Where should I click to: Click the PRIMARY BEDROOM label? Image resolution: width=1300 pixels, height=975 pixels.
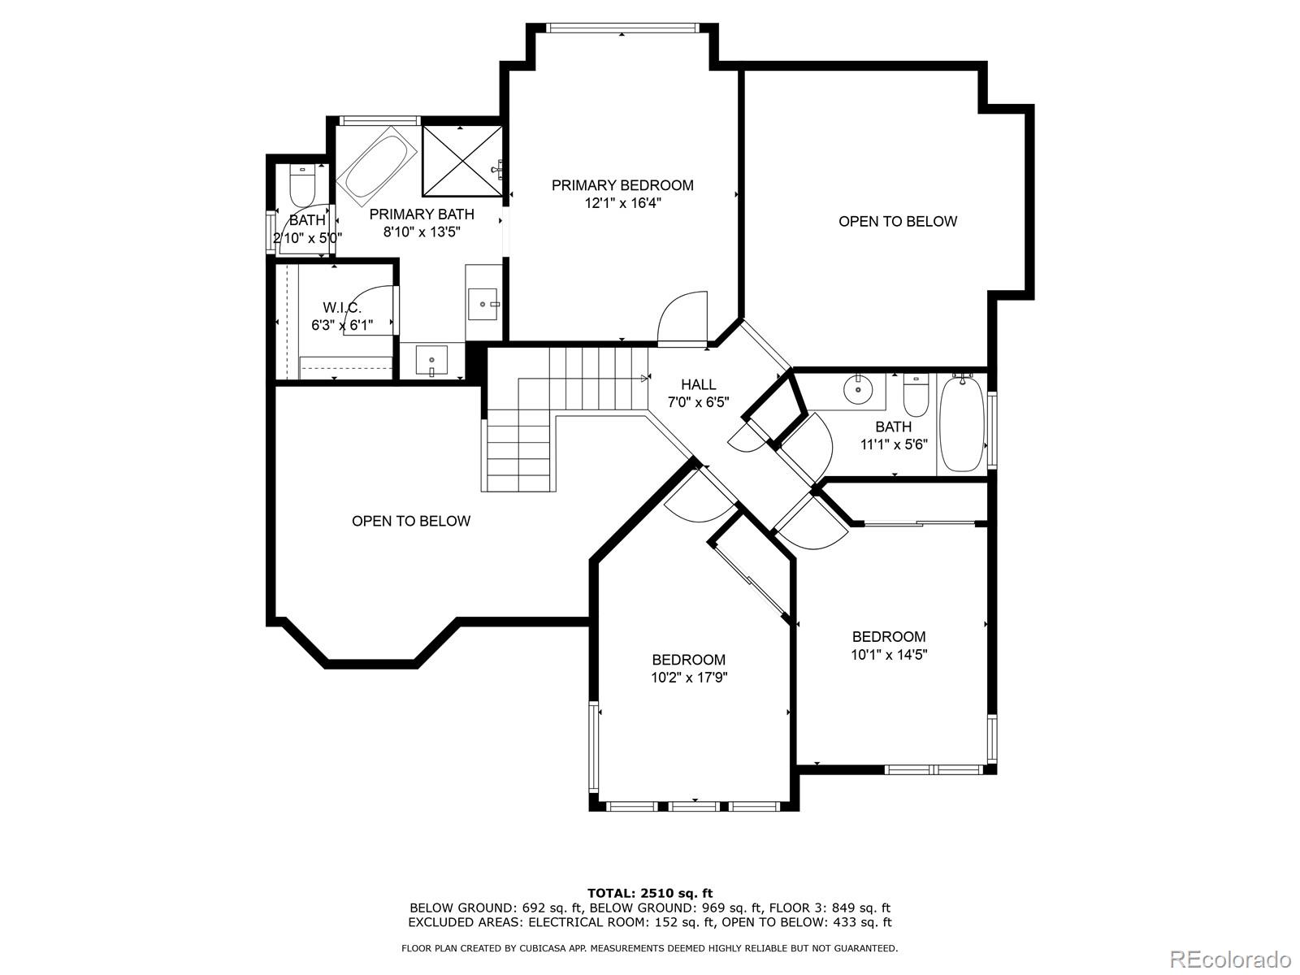(x=622, y=185)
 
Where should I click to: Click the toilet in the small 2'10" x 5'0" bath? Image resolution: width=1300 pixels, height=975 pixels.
(x=302, y=186)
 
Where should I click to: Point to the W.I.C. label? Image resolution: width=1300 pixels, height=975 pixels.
(x=341, y=307)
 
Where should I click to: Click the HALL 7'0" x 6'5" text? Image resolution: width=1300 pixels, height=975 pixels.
(x=698, y=393)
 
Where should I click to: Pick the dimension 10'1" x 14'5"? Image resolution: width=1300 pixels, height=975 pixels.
(x=889, y=654)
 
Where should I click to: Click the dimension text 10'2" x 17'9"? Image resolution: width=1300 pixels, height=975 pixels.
(x=688, y=677)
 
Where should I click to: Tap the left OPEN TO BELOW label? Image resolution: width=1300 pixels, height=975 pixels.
(x=410, y=521)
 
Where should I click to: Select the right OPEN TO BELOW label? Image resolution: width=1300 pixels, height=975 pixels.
(x=898, y=221)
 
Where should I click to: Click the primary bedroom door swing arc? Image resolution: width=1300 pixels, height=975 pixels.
(x=681, y=313)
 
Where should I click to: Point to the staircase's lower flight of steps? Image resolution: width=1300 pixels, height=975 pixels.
(x=520, y=455)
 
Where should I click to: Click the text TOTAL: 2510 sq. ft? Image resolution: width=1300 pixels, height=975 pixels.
(x=650, y=893)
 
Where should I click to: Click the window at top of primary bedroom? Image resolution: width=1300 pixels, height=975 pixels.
(x=622, y=28)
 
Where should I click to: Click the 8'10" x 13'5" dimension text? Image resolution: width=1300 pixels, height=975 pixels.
(x=422, y=232)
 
